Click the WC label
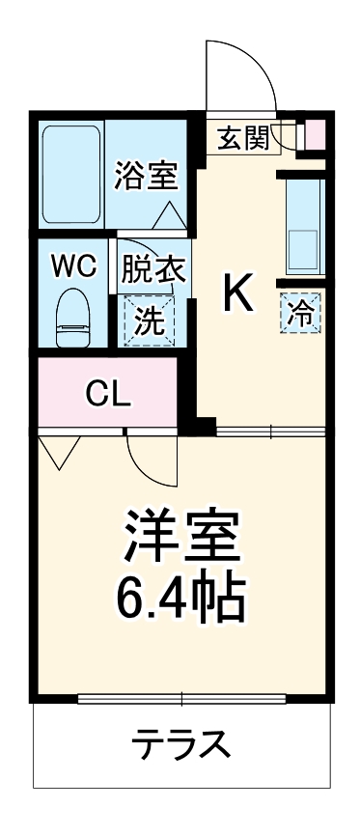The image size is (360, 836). coord(73,267)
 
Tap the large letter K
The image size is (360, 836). coord(239,293)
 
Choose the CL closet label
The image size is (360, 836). coord(108,392)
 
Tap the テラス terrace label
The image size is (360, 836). coord(180,744)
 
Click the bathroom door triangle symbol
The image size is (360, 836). coord(169,214)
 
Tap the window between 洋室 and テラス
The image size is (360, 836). coord(181,697)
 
